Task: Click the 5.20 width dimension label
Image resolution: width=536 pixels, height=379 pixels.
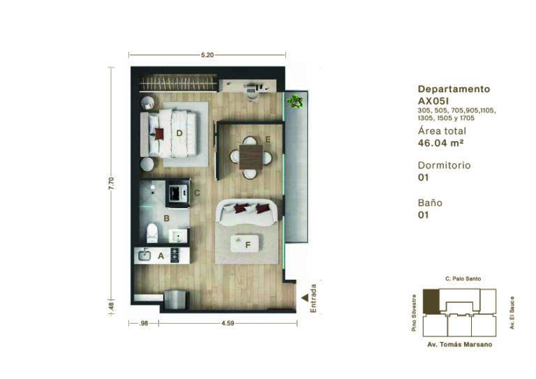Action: click(x=207, y=54)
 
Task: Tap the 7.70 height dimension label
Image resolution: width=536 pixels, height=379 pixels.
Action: click(x=111, y=183)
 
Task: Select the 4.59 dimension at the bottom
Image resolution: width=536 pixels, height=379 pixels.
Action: click(x=228, y=323)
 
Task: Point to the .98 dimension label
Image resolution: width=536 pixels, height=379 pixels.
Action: click(x=144, y=323)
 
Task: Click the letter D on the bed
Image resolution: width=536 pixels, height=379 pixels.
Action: click(x=179, y=133)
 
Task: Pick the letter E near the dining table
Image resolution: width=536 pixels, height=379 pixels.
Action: click(x=268, y=140)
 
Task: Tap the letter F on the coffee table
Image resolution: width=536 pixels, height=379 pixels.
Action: click(x=248, y=245)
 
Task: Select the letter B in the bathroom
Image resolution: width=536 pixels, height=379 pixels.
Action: click(x=167, y=218)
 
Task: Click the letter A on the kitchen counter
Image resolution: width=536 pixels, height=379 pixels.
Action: click(x=161, y=255)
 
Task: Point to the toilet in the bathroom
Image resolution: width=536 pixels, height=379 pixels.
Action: click(x=152, y=232)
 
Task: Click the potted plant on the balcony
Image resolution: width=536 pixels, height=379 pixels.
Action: click(x=295, y=101)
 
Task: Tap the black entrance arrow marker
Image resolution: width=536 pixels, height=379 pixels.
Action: click(x=305, y=298)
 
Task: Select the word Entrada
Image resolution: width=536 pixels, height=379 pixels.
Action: click(x=313, y=298)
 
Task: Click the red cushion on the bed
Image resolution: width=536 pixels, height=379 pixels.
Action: click(x=159, y=133)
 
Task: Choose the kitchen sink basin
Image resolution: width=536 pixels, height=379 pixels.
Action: click(x=144, y=255)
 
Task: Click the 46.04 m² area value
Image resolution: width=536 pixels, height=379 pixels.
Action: click(x=440, y=143)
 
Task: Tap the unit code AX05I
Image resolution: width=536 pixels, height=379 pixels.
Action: click(x=433, y=101)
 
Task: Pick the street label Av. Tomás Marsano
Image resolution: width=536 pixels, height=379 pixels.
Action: click(x=460, y=345)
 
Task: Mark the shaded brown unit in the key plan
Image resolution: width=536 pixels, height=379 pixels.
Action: click(x=431, y=302)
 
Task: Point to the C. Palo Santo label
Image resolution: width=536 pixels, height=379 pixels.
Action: click(x=463, y=279)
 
